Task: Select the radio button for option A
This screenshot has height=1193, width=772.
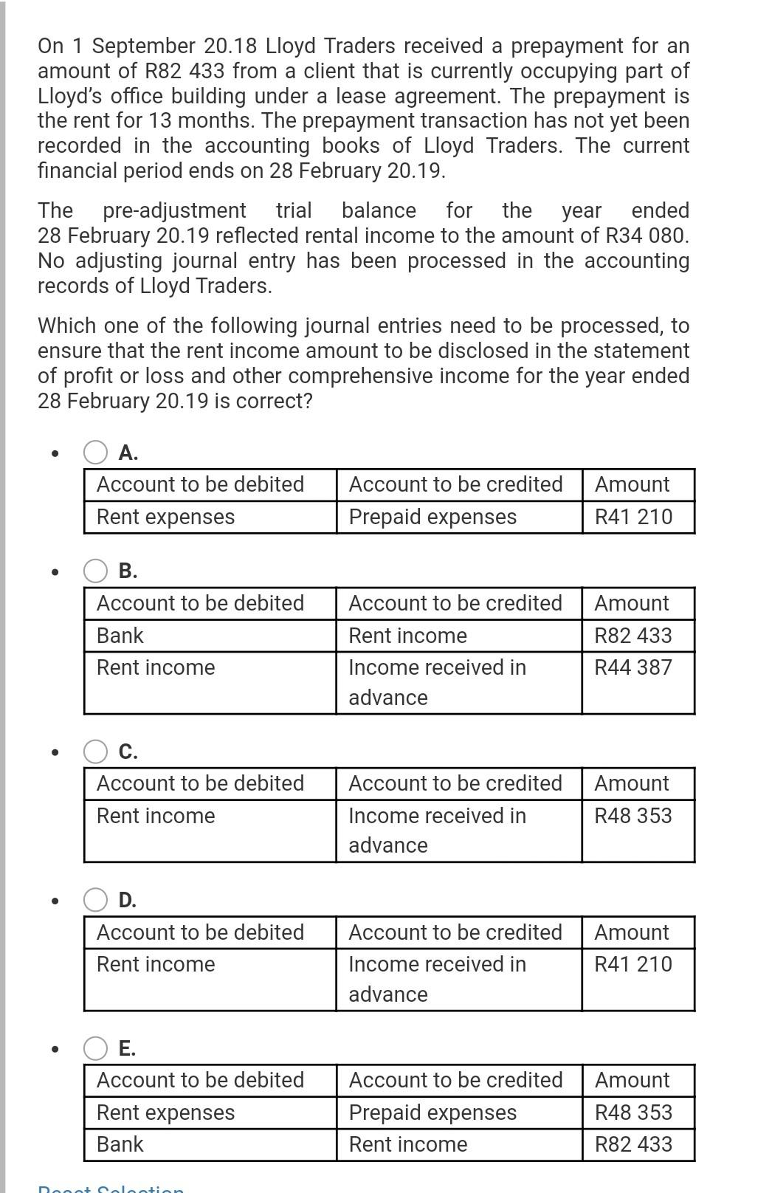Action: coord(95,452)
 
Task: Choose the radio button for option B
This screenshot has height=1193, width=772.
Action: coord(95,571)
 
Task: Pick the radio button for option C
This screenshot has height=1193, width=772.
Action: coord(95,751)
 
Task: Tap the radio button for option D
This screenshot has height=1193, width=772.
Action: coord(95,900)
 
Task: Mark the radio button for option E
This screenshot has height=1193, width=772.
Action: coord(95,1048)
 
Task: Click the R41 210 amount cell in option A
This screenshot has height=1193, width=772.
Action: coord(633,517)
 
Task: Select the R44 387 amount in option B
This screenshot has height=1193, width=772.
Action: coord(633,667)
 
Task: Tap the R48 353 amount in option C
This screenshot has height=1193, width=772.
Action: coord(633,816)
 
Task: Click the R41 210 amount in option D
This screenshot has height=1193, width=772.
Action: coord(633,964)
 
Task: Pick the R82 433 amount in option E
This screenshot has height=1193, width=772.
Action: coord(633,1144)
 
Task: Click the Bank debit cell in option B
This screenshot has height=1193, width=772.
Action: coord(120,636)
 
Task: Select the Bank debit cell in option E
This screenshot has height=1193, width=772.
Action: coord(120,1144)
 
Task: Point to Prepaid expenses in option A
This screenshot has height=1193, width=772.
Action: coord(432,517)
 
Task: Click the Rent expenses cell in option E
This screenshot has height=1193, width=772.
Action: coord(165,1113)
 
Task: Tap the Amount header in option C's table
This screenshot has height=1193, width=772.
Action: coord(632,783)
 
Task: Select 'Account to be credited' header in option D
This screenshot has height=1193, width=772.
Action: coord(455,932)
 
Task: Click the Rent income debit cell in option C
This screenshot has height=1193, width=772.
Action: coord(156,816)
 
